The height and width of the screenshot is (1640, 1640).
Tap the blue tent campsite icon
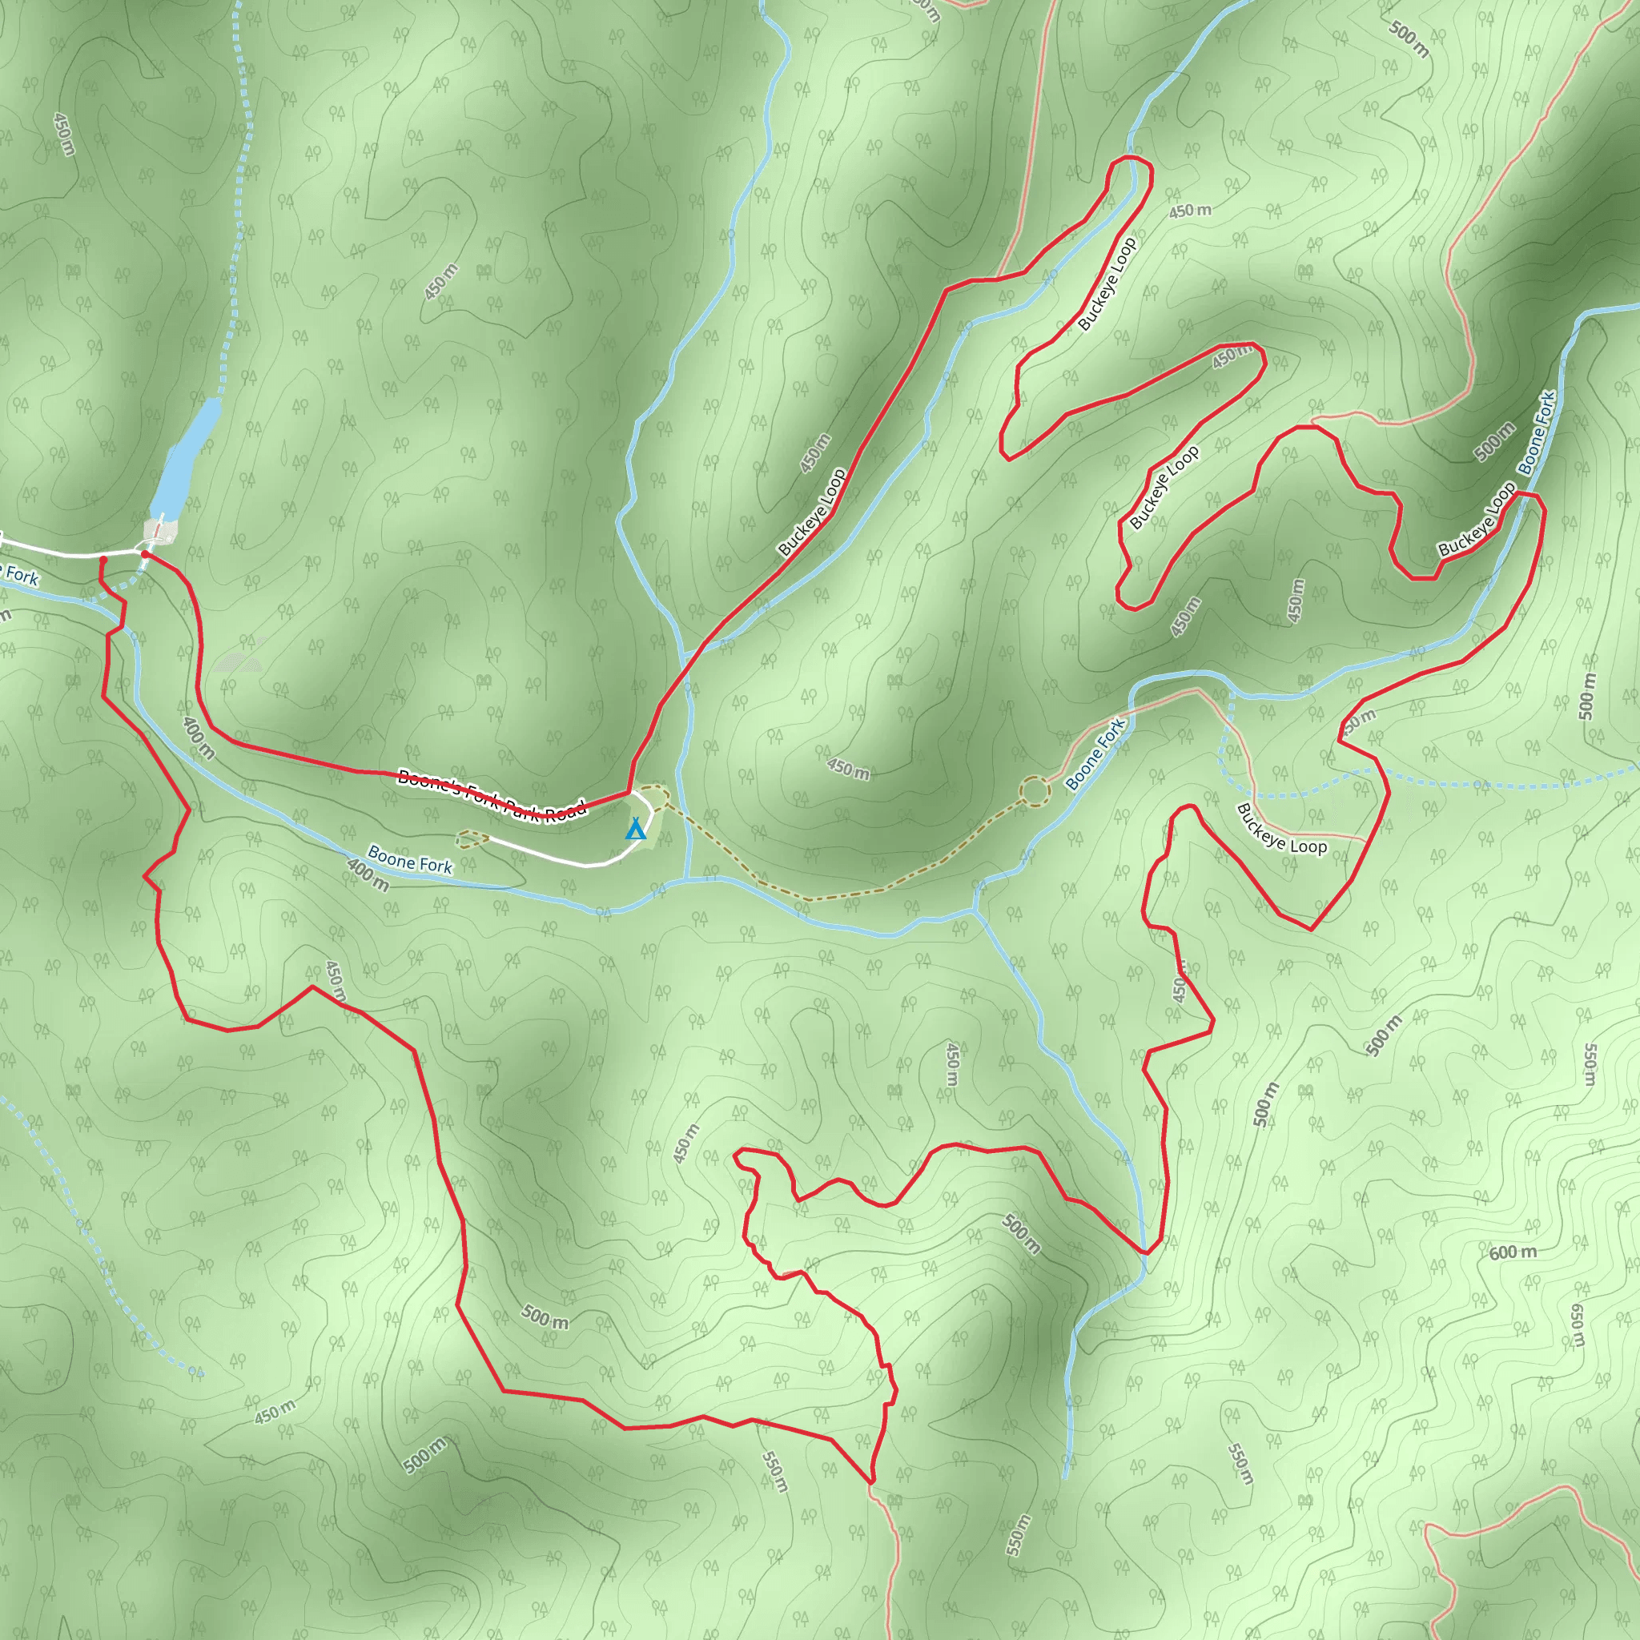[x=635, y=829]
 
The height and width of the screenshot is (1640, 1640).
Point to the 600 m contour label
[x=1513, y=1252]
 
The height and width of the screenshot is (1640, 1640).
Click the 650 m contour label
[x=1576, y=1326]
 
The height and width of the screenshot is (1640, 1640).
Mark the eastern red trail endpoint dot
[x=145, y=554]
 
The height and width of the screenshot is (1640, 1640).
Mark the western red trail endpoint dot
[x=102, y=560]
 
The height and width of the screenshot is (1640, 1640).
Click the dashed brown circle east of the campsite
[x=1034, y=791]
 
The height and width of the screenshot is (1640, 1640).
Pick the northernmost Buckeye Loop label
[x=1107, y=284]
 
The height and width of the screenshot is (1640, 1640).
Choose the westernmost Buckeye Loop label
[x=812, y=512]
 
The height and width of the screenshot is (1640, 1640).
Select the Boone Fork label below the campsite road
[x=410, y=859]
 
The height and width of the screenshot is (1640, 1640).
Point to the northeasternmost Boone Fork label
[x=1537, y=432]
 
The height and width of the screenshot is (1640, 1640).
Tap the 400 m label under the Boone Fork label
[x=368, y=875]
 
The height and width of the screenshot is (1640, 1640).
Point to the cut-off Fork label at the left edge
[x=18, y=576]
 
